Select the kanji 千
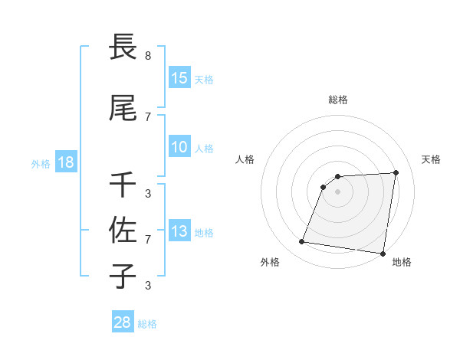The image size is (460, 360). [123, 184]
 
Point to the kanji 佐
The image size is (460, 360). [123, 230]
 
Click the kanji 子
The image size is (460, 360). [123, 276]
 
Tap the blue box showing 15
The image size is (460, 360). [179, 78]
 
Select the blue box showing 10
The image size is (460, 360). [179, 147]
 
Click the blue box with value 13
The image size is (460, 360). [179, 231]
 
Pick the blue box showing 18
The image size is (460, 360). [65, 162]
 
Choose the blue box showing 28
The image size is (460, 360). [123, 322]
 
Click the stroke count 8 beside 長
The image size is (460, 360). [148, 56]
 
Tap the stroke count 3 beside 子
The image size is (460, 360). [148, 286]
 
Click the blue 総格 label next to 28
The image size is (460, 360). [147, 324]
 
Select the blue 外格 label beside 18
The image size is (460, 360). [40, 163]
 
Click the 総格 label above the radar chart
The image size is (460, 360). [338, 100]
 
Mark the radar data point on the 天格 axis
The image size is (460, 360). [396, 172]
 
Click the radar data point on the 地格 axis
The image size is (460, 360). [382, 254]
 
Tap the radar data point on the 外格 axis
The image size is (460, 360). [302, 242]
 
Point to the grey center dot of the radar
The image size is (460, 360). [338, 191]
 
